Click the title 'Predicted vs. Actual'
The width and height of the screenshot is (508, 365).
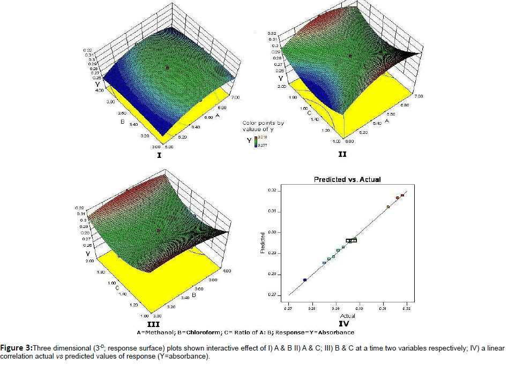tap(347, 179)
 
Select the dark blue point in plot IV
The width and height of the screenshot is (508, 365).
tap(305, 280)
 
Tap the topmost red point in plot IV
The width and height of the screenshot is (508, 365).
tap(402, 195)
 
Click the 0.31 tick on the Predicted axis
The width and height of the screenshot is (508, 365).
tap(272, 211)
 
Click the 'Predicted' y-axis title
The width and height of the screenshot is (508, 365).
tap(263, 242)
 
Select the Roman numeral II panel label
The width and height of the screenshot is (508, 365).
tap(342, 155)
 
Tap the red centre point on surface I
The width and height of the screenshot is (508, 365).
tap(167, 68)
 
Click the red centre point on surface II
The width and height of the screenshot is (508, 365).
tap(350, 56)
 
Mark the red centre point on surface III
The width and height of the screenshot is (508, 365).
tap(158, 231)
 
